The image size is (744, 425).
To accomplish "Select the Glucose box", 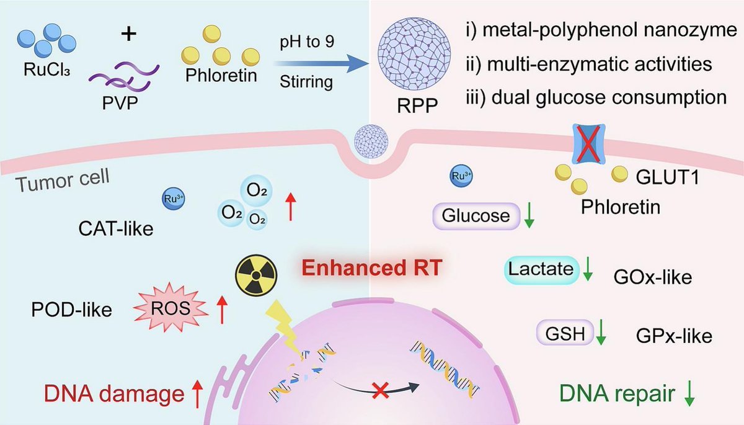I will (476, 215).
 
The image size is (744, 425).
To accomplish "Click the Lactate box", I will (540, 268).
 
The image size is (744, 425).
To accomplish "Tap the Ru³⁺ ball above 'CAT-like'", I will (171, 199).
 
